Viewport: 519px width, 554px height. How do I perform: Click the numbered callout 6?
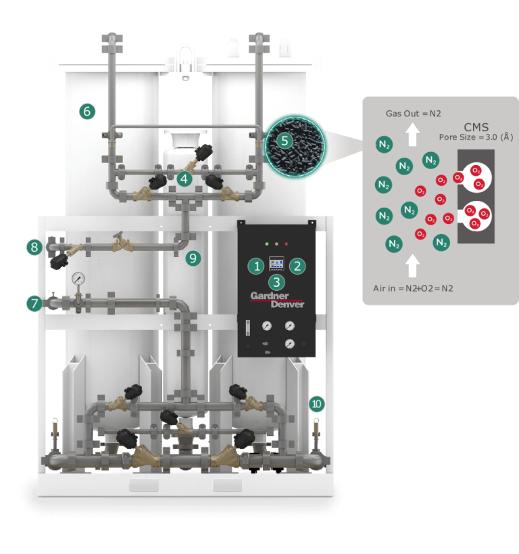(x=87, y=112)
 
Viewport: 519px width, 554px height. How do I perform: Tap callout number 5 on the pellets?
(x=285, y=141)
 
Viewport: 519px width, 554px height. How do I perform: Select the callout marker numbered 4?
(x=184, y=179)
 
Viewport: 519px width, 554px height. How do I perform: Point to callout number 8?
(x=34, y=247)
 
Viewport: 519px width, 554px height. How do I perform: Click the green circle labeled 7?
(x=34, y=304)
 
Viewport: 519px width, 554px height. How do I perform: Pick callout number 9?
(x=193, y=258)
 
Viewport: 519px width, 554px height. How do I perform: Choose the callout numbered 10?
(x=317, y=403)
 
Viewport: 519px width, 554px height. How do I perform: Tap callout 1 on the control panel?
(x=256, y=266)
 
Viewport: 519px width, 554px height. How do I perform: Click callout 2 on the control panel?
(x=297, y=266)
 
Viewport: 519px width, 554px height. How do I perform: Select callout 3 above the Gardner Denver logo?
(x=277, y=282)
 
